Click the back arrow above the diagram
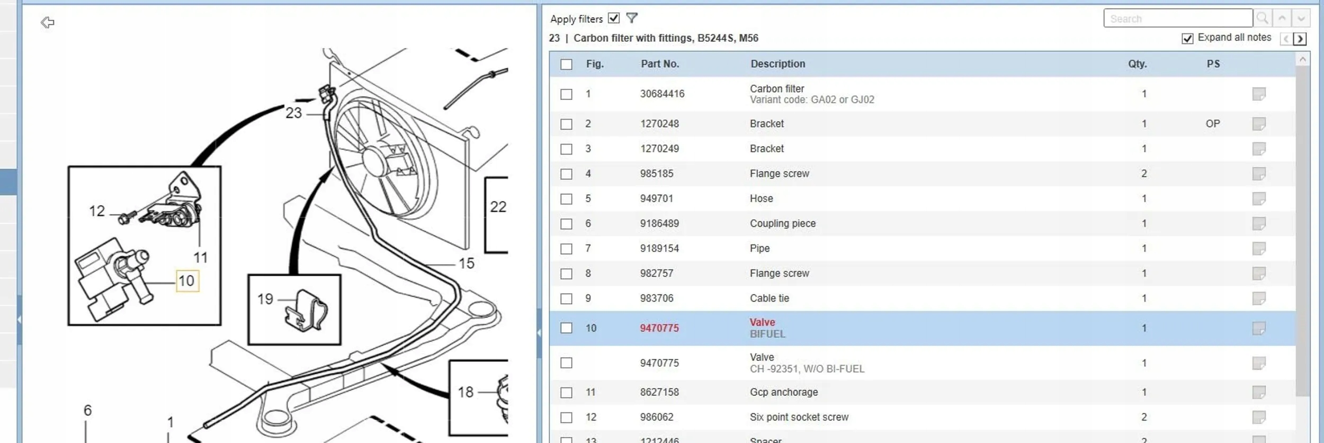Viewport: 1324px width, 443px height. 48,22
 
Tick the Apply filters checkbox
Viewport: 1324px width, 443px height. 614,18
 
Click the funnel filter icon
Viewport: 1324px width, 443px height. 632,18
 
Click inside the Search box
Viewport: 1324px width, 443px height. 1177,19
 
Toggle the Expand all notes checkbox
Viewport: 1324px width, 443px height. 1187,38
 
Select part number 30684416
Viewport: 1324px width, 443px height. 662,94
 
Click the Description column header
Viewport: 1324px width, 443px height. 777,64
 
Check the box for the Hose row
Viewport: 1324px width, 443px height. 566,199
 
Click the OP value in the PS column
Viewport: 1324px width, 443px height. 1212,123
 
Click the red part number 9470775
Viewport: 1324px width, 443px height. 659,328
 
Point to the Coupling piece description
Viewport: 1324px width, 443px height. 782,223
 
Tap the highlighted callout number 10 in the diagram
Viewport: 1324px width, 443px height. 187,281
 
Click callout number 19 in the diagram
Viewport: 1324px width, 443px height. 265,299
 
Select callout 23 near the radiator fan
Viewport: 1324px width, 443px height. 293,113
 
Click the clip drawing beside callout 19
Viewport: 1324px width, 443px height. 307,311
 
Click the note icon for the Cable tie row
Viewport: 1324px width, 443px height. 1258,299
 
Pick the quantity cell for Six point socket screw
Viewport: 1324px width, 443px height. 1143,417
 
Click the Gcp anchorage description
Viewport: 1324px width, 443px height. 783,392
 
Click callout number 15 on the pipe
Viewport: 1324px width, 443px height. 466,263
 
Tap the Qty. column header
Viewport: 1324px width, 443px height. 1137,64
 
